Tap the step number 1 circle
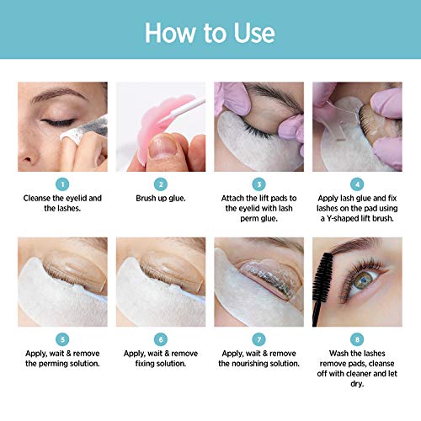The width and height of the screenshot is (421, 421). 61,183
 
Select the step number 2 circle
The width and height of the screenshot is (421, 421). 160,183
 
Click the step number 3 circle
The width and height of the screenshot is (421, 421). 259,183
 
